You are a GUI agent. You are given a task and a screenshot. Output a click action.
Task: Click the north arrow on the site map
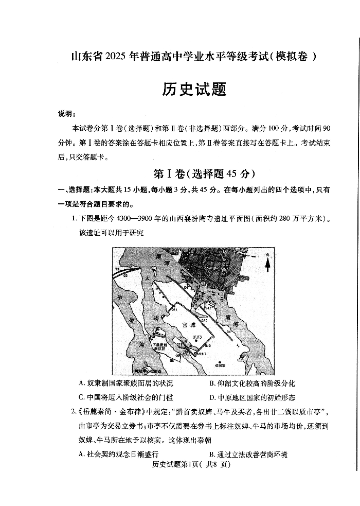(x=267, y=263)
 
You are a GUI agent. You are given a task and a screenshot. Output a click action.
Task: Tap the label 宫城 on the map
(x=189, y=326)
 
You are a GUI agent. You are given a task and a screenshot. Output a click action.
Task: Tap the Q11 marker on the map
(x=174, y=309)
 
